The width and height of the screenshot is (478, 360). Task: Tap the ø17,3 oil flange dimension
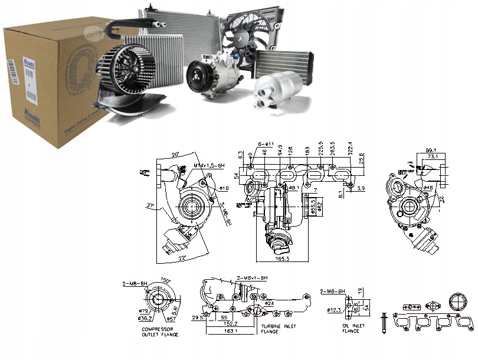[335, 309]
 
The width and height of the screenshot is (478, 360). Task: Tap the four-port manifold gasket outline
[434, 324]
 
